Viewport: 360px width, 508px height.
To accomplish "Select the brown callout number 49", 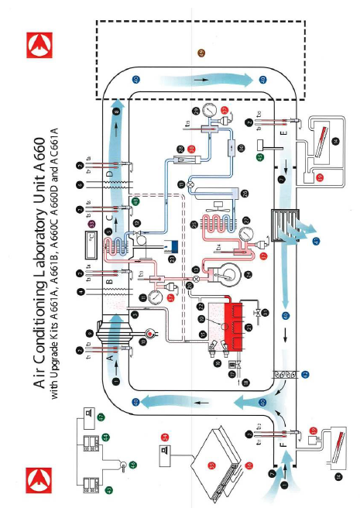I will (x=202, y=52).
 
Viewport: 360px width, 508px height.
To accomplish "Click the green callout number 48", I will (x=135, y=201).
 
